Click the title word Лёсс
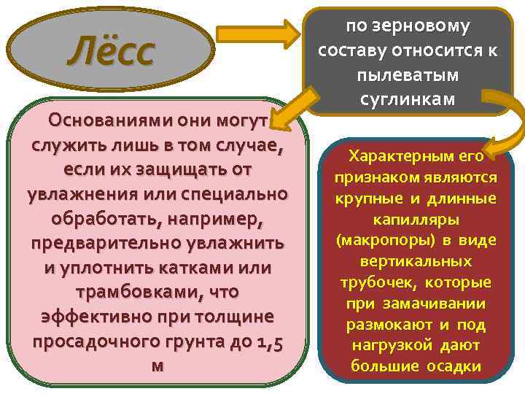112,53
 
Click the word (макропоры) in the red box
378,240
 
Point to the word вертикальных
416,261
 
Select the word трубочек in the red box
377,282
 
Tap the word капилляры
416,219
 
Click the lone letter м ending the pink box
156,366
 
